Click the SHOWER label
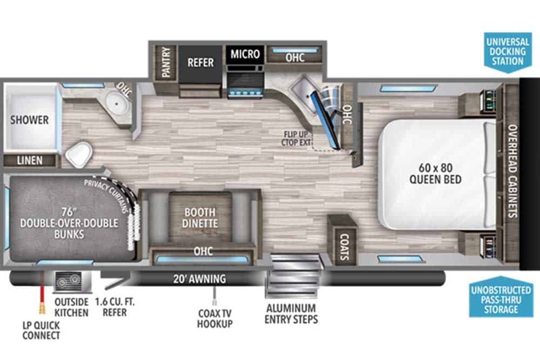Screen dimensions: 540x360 point(29,120)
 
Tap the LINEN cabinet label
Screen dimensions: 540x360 point(30,160)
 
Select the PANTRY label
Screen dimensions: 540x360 point(166,62)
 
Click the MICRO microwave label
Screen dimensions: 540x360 point(245,54)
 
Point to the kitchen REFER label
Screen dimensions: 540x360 point(201,63)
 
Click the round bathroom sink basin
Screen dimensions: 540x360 point(117,104)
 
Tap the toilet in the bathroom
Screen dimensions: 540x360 point(79,154)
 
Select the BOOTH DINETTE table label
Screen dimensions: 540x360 point(200,218)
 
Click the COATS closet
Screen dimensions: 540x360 point(344,247)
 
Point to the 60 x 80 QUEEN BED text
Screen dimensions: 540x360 point(436,174)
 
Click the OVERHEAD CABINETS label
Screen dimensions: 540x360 point(513,171)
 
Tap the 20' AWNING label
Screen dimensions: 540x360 point(200,279)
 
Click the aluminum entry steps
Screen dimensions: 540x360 point(294,276)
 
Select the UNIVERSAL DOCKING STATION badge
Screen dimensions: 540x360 point(508,53)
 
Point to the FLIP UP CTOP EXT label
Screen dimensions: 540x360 point(296,139)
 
